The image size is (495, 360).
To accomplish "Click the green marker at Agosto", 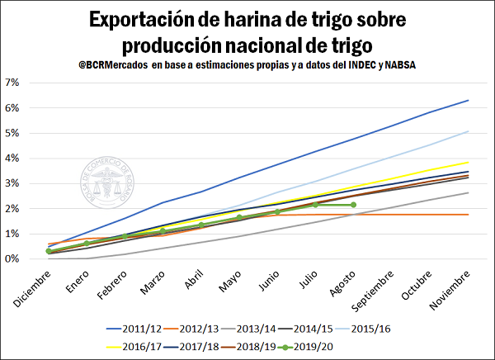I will [353, 205].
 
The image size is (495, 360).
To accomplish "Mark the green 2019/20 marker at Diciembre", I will [49, 251].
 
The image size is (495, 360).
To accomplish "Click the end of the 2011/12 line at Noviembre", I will [468, 101].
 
